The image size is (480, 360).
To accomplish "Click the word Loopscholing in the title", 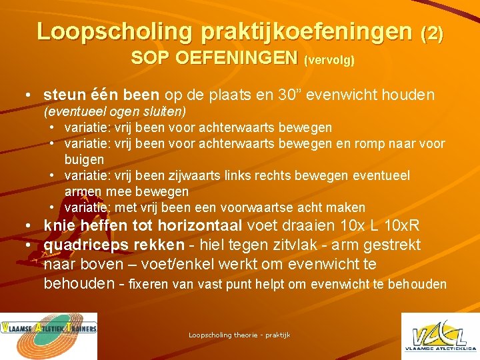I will [111, 31].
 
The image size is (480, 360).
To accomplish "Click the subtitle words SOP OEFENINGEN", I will [213, 58].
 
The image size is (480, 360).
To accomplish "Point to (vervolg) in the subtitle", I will [329, 60].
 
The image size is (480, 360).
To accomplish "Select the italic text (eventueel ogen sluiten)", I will [115, 110].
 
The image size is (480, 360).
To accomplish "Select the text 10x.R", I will [408, 226].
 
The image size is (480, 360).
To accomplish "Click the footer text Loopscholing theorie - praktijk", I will [239, 335].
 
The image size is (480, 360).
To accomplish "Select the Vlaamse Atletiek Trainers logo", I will [49, 336].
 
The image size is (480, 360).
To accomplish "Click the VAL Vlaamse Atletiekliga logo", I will [439, 336].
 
